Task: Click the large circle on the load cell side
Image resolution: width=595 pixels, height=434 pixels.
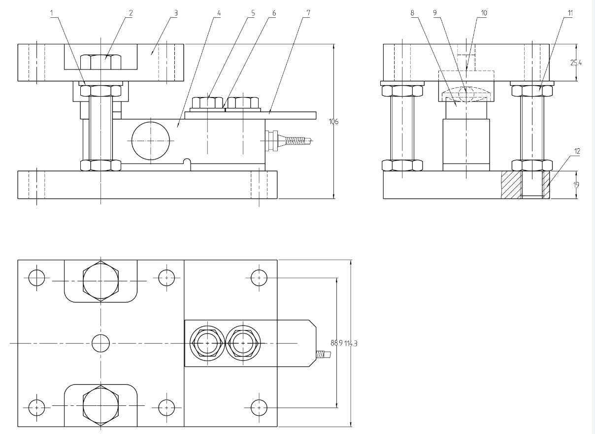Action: coord(150,140)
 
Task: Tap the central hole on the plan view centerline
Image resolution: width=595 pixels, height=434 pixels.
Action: coord(101,343)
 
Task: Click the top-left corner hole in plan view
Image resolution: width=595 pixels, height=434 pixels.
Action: coord(36,278)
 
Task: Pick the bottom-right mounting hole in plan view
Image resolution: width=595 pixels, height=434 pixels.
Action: coord(259,407)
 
